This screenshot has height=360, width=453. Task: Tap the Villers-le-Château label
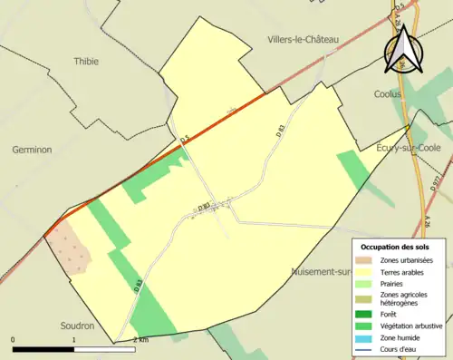pyautogui.click(x=311, y=40)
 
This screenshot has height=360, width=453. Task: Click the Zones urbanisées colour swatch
pyautogui.click(x=368, y=260)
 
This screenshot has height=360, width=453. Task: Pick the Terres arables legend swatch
pyautogui.click(x=368, y=271)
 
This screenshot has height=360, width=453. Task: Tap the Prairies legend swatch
pyautogui.click(x=368, y=283)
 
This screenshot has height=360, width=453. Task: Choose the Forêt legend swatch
pyautogui.click(x=368, y=315)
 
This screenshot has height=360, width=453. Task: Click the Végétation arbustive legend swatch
pyautogui.click(x=368, y=326)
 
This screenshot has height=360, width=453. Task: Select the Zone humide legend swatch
pyautogui.click(x=368, y=337)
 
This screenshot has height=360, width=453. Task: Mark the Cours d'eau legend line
pyautogui.click(x=368, y=348)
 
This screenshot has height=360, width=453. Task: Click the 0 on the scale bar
pyautogui.click(x=14, y=340)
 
